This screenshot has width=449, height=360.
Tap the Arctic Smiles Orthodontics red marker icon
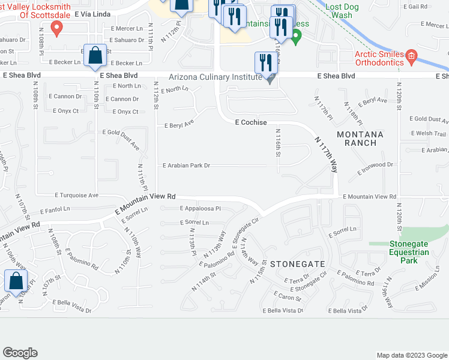click(411, 58)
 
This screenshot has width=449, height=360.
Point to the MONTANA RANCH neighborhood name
click(357, 138)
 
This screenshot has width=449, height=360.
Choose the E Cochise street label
click(250, 122)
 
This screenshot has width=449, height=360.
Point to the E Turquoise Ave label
click(77, 196)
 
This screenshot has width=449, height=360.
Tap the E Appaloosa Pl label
click(200, 209)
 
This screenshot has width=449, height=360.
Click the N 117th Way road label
click(325, 154)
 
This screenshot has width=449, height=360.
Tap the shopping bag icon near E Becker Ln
click(95, 56)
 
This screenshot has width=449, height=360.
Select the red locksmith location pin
click(56, 27)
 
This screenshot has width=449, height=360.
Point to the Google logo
click(20, 352)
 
